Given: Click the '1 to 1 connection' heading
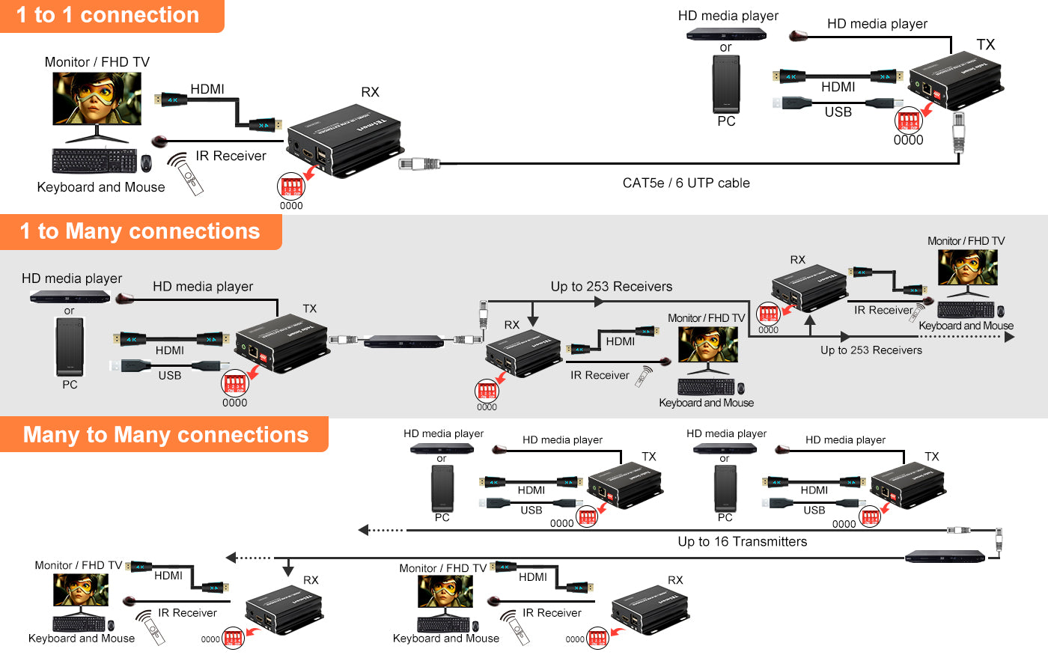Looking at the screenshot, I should tap(108, 15).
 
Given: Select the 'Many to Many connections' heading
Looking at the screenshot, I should tap(165, 435).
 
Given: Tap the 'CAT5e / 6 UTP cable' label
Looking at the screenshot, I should tap(686, 183).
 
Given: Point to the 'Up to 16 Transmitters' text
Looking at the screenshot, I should tap(742, 541).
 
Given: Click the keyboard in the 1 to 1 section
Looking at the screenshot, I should tap(94, 161).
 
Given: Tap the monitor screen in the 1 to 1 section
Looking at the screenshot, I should tap(97, 98).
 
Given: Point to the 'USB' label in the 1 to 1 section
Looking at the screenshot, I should tap(838, 112).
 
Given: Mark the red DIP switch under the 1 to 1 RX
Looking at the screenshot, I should tap(290, 185).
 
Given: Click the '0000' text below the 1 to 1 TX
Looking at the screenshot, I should tap(908, 140).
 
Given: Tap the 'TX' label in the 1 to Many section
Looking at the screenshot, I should tap(309, 308).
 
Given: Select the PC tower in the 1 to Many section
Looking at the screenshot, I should tap(70, 347).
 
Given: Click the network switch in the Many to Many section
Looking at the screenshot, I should tap(945, 556).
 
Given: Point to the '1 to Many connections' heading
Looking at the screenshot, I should tap(140, 231).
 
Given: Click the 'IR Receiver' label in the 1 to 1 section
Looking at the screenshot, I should tap(231, 156).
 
